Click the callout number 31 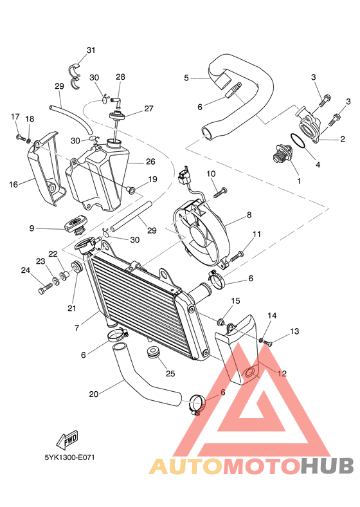tap(91, 50)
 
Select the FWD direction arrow tap(67, 439)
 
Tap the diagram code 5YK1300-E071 tap(69, 458)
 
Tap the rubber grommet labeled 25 tap(154, 353)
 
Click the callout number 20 tap(93, 394)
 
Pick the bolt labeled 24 tap(45, 290)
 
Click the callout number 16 tap(14, 185)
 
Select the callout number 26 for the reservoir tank tap(150, 161)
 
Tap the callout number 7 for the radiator tap(76, 328)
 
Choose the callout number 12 tap(282, 373)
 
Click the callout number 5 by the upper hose tap(186, 78)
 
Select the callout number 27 tap(148, 109)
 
